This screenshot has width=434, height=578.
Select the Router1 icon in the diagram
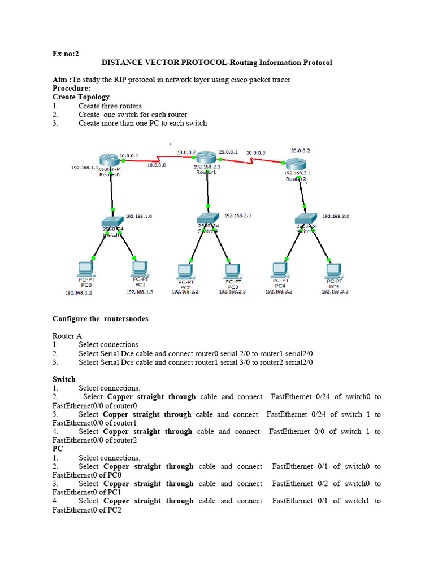click(x=206, y=157)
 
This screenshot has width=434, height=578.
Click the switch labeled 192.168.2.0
click(x=208, y=218)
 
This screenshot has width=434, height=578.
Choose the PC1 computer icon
click(x=139, y=268)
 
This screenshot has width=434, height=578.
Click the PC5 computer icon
click(x=333, y=270)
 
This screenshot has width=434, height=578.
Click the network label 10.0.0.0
click(x=157, y=165)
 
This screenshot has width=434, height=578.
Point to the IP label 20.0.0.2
click(x=300, y=151)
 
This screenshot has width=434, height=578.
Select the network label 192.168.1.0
click(x=138, y=216)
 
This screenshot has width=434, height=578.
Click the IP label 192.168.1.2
click(x=79, y=293)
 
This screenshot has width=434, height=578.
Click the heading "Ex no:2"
click(x=66, y=54)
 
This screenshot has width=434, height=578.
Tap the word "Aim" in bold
click(x=60, y=80)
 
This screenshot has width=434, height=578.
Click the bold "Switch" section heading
click(x=64, y=379)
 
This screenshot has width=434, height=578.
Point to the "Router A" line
click(x=67, y=336)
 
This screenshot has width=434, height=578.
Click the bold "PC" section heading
click(x=58, y=449)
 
